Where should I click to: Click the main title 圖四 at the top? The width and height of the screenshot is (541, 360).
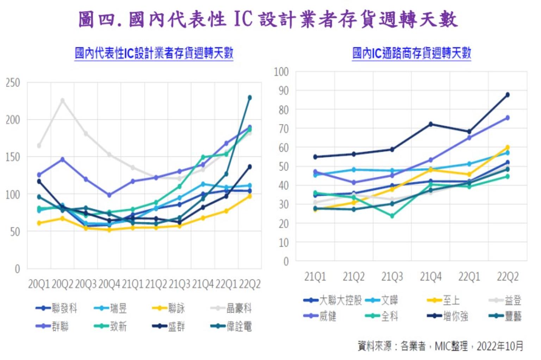268,19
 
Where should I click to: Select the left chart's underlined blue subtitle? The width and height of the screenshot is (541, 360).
154,53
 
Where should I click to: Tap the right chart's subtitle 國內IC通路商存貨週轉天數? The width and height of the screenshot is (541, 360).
411,53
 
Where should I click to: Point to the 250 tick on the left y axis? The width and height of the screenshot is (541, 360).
13,83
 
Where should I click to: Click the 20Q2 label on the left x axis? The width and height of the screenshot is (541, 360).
62,284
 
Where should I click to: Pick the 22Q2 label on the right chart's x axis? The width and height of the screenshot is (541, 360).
508,277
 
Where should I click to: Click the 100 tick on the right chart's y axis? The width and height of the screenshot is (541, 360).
281,72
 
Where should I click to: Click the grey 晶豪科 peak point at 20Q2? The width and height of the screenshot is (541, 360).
63,100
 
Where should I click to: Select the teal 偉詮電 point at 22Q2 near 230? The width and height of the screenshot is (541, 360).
250,98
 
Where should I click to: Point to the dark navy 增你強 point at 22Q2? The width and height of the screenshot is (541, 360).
508,95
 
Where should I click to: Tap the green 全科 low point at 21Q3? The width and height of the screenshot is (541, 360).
392,216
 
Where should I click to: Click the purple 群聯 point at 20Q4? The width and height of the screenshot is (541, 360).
109,195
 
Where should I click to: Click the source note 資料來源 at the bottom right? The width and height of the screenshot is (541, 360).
440,346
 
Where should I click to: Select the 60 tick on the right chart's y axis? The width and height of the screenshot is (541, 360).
284,148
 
